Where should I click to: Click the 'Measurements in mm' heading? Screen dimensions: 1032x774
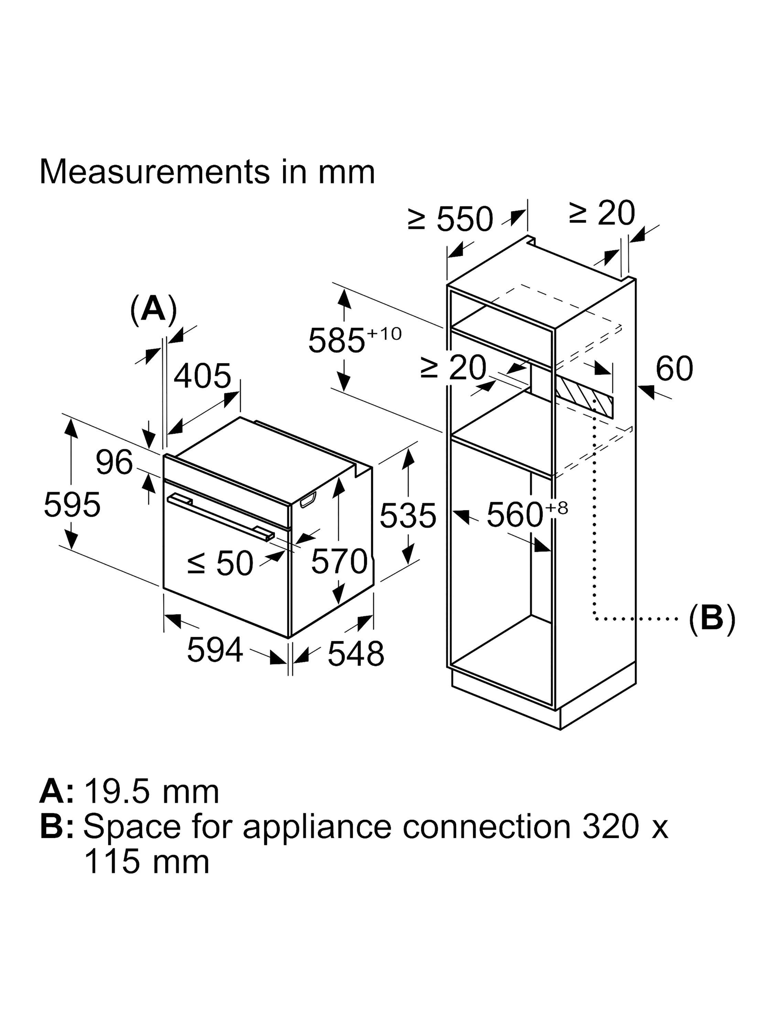point(207,172)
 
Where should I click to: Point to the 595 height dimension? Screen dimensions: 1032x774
point(72,505)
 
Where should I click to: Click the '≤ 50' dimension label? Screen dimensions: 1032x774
point(220,563)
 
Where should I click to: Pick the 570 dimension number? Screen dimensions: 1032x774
point(339,561)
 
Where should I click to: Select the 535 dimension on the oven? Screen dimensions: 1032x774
point(407,516)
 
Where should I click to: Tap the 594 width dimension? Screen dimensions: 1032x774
point(215,649)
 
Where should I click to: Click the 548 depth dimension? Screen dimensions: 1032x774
point(355,654)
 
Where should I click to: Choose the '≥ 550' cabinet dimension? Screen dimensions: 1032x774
point(450,219)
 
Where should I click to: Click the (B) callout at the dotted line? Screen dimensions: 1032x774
point(711,619)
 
